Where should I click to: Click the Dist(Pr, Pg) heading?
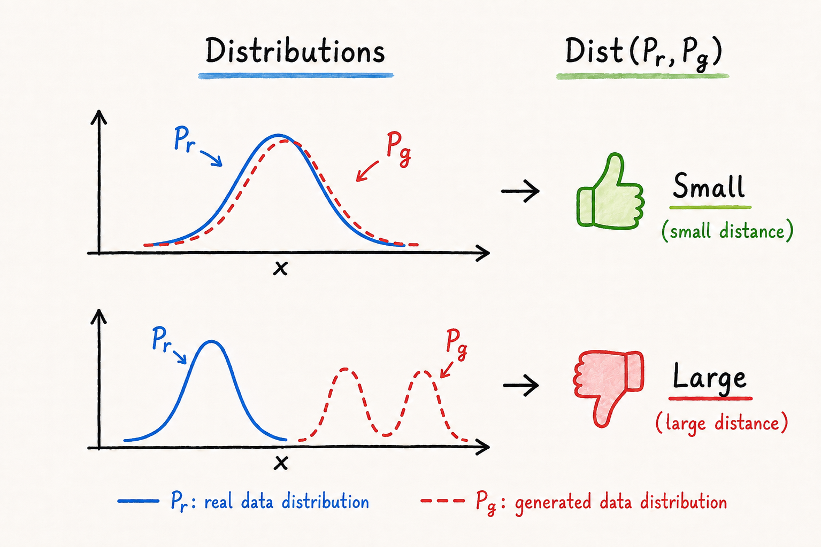pos(643,52)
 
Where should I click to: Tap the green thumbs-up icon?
pos(611,192)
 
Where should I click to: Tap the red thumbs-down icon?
pos(609,388)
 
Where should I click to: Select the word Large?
pos(709,379)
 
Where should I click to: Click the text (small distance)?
pos(727,231)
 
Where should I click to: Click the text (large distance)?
pos(722,423)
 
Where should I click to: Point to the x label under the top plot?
pos(280,268)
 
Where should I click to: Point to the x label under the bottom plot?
pos(281,463)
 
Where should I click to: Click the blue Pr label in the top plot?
pos(184,139)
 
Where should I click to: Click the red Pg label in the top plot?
pos(398,150)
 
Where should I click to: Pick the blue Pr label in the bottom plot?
pos(162,340)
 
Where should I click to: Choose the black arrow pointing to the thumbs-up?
pos(520,191)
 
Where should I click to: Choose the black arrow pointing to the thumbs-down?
pos(521,385)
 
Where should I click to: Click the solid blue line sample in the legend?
pos(138,501)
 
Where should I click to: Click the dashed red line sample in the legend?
pos(443,501)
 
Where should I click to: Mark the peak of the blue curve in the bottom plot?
pos(211,341)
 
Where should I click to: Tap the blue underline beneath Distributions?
pos(296,76)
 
